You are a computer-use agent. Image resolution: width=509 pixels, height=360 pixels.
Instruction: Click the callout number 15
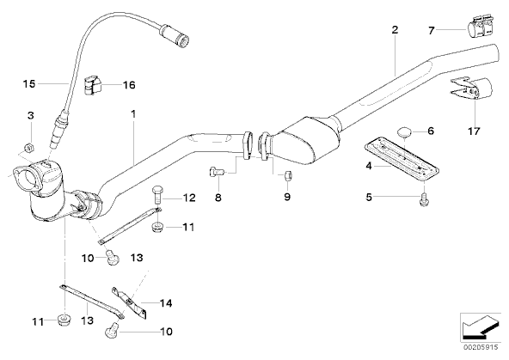(x=29, y=84)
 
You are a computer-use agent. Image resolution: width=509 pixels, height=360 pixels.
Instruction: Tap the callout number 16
(x=129, y=85)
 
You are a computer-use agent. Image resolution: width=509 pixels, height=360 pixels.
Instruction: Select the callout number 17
(x=474, y=131)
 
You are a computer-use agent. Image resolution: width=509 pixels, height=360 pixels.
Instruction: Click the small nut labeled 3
(x=29, y=149)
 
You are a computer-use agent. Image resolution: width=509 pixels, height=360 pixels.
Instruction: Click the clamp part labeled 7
(x=480, y=27)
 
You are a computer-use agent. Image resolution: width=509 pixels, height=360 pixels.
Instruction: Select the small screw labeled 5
(x=424, y=199)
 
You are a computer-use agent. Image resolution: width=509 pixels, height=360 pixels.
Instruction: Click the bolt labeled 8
(x=216, y=171)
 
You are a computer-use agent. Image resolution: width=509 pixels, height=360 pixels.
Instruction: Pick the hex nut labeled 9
(x=287, y=176)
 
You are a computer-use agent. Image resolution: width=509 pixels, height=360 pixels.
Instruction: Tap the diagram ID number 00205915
(x=481, y=347)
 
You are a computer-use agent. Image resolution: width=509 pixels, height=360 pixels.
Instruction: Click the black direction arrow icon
(x=480, y=328)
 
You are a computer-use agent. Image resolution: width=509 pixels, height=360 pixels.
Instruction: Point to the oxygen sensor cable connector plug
(x=175, y=34)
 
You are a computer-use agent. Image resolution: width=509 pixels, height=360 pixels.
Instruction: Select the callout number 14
(x=166, y=303)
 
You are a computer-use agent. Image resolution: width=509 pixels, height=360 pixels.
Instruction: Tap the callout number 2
(x=395, y=30)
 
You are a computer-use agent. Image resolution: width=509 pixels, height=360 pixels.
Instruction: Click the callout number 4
(x=369, y=166)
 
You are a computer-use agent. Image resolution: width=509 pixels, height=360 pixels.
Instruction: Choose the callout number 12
(x=189, y=198)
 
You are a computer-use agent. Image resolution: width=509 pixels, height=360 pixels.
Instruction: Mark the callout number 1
(x=133, y=113)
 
